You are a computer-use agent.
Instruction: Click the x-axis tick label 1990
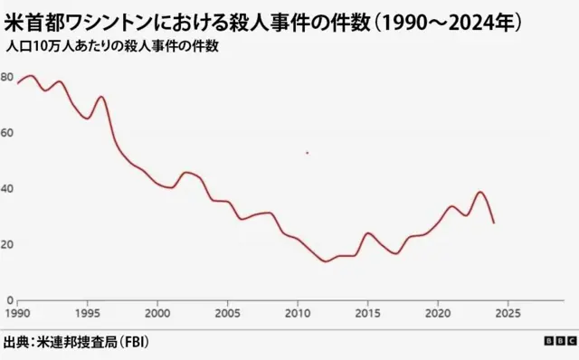pos(17,313)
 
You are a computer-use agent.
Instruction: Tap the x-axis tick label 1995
pos(88,313)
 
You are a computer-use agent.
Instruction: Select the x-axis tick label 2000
pos(157,313)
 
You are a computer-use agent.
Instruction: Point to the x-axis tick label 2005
pos(227,313)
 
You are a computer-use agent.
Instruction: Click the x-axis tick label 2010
pos(298,313)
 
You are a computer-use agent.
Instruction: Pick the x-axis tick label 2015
pos(367,313)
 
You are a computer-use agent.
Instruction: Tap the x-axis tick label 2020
pos(437,313)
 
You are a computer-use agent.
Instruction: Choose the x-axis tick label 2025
pos(507,313)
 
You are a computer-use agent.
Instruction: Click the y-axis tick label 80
pos(9,78)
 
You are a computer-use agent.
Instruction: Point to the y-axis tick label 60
pos(9,133)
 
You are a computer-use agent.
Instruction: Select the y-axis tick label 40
pos(9,189)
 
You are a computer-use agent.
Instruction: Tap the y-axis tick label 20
pos(9,244)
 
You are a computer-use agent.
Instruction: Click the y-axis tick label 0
pos(9,299)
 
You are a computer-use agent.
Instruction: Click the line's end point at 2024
pos(493,223)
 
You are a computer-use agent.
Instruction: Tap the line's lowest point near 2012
pos(325,261)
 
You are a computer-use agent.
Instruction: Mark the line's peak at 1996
pos(100,97)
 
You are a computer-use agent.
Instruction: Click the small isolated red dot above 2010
pos(308,153)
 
